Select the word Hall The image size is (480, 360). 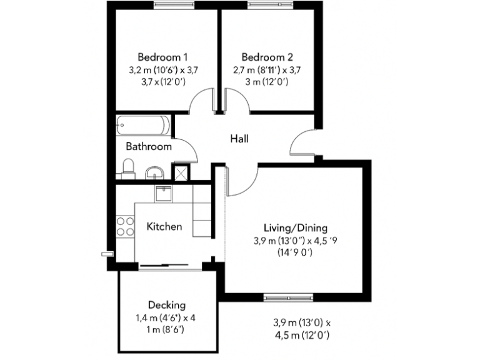click(239, 139)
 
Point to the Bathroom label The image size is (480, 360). click(149, 147)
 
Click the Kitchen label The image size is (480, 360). click(164, 226)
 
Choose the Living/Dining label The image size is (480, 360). click(295, 227)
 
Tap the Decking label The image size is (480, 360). click(167, 305)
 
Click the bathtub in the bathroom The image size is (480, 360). click(142, 126)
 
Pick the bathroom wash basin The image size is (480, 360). click(154, 172)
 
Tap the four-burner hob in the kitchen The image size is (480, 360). click(124, 226)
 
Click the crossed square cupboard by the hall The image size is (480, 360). click(181, 171)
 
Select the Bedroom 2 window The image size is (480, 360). click(264, 5)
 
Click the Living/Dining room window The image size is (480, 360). click(282, 297)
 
